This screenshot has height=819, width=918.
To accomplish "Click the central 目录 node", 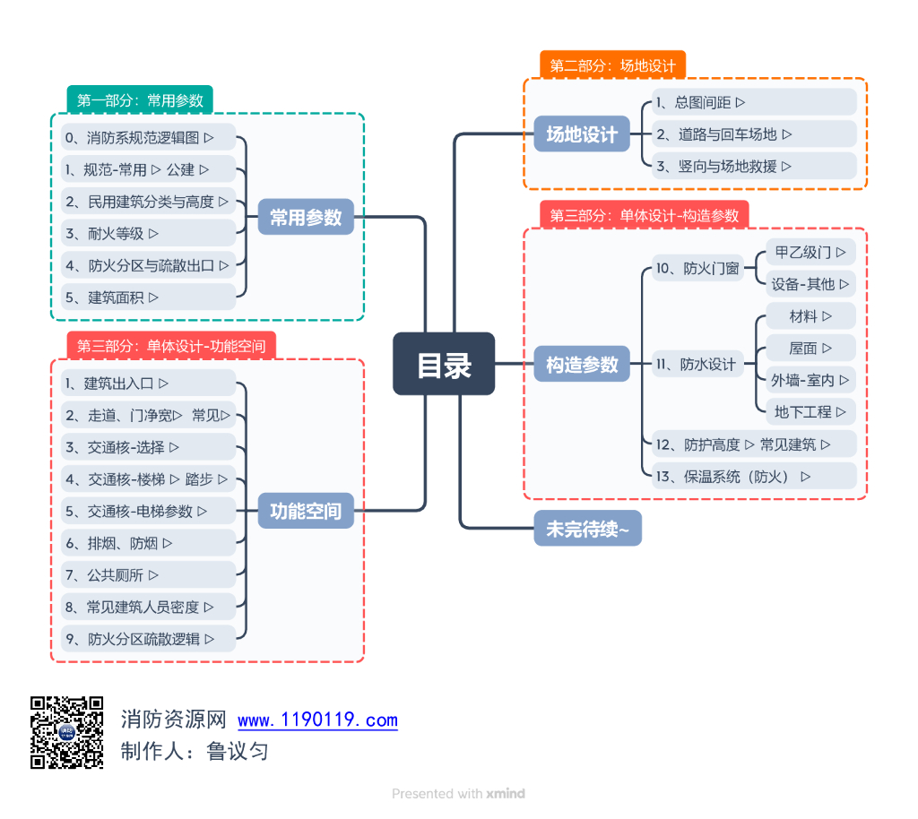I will point(444,364).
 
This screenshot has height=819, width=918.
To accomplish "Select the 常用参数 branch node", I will point(306,217).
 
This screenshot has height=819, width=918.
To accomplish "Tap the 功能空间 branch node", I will point(306,512).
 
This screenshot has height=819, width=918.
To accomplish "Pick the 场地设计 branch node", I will point(582,134).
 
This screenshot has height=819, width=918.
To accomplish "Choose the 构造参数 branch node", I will point(582,364).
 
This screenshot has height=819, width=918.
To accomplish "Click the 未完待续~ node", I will point(587,529).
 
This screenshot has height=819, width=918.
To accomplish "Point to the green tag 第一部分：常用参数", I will point(140,100).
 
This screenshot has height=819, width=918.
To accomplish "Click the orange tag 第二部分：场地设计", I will point(612,65).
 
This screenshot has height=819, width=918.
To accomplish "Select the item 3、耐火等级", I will point(112,233).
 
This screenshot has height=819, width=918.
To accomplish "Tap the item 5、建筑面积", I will point(112,297).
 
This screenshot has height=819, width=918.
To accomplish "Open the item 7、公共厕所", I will point(112,575).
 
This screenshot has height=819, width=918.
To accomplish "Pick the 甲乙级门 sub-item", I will point(810,252).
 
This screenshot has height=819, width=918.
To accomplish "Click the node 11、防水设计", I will point(697,364).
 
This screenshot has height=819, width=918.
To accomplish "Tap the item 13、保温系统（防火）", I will point(733,477).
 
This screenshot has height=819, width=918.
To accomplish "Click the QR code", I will point(67,732).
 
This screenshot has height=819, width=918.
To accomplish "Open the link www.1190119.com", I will point(317,720).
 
